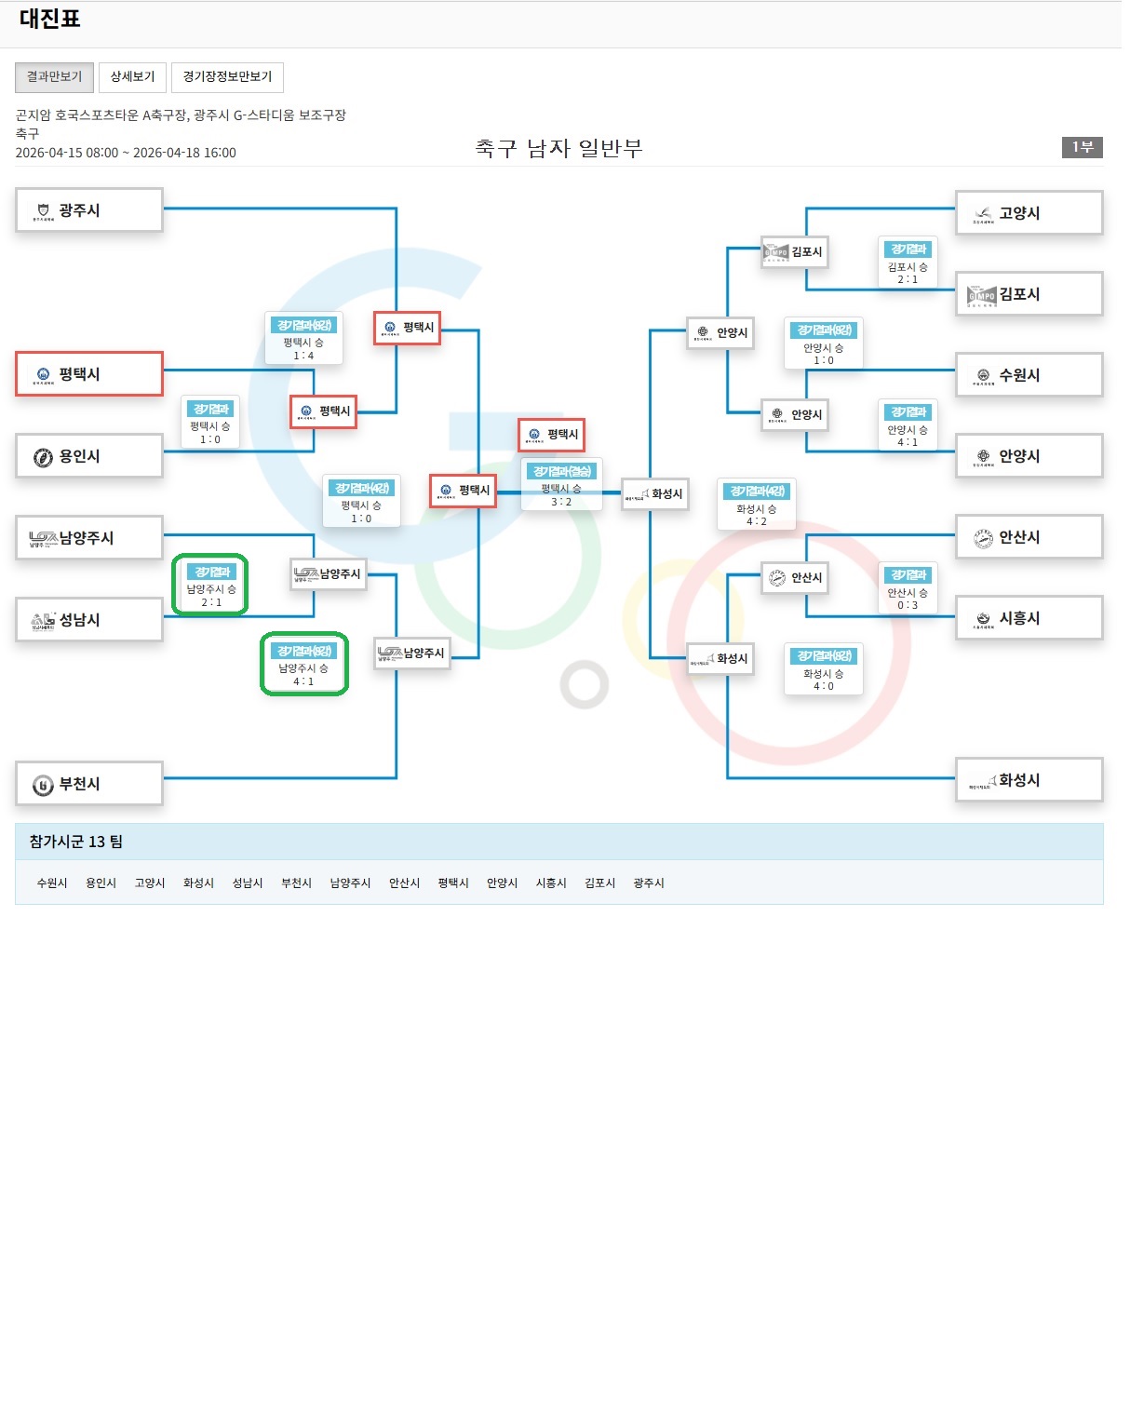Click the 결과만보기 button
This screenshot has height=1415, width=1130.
coord(54,77)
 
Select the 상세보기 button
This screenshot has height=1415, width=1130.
coord(132,77)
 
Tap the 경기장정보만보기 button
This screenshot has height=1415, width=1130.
coord(227,77)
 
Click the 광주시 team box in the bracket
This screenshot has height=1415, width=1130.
coord(89,210)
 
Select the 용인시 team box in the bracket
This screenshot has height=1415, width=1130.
coord(89,456)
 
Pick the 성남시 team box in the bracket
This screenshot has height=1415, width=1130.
coord(89,620)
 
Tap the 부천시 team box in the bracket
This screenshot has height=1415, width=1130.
coord(89,784)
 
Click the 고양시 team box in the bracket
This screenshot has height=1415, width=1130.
coord(1029,213)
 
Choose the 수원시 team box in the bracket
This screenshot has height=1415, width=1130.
coord(1029,375)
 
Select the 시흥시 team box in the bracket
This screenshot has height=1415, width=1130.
coord(1029,618)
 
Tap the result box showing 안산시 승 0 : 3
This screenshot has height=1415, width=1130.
coord(908,589)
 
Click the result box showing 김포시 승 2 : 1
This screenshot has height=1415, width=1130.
coord(908,263)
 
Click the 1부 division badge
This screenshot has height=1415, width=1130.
coord(1082,147)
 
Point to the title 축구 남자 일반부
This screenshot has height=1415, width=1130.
coord(558,149)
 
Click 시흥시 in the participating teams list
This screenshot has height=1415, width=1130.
coord(551,883)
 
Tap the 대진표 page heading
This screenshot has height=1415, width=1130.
coord(50,19)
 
